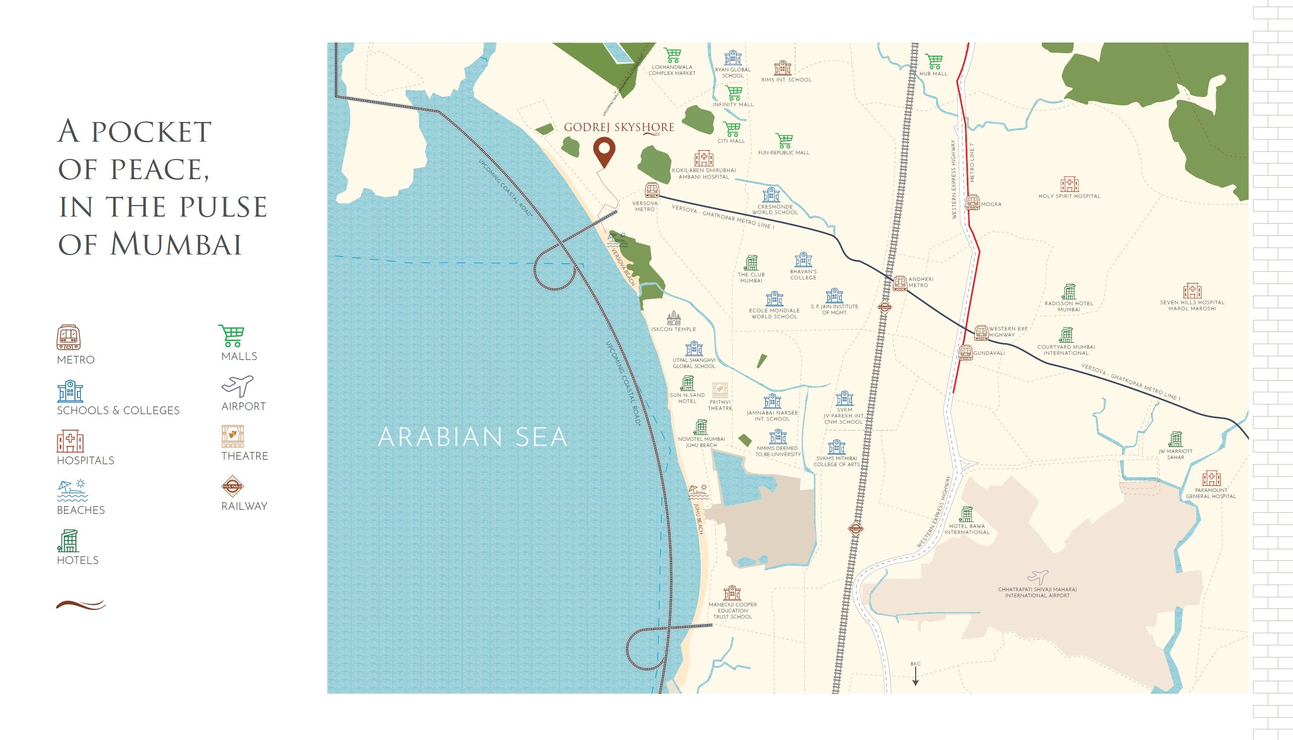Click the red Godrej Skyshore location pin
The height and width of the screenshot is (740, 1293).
click(x=604, y=150)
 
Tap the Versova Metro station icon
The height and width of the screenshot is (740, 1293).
click(x=652, y=190)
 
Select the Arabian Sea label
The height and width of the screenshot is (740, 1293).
click(x=473, y=437)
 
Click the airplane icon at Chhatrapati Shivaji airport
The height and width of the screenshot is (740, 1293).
click(x=1037, y=577)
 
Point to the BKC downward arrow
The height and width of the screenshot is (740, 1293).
click(x=915, y=676)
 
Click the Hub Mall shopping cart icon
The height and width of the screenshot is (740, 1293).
click(x=933, y=61)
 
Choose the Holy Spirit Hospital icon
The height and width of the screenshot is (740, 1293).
click(x=1069, y=184)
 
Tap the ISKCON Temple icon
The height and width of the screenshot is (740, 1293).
click(x=674, y=318)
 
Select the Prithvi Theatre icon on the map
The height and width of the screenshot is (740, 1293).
click(x=720, y=390)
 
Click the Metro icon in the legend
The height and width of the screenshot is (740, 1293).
click(x=69, y=338)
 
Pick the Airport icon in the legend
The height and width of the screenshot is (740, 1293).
click(x=237, y=386)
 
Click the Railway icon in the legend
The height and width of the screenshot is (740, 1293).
click(x=232, y=486)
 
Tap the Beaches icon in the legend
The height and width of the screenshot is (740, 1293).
click(x=72, y=490)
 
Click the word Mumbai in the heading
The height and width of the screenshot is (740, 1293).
click(x=175, y=244)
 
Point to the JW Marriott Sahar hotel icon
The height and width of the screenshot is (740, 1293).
click(x=1175, y=439)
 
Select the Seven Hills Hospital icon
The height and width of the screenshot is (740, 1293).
click(x=1192, y=291)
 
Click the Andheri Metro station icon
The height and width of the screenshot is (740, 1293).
click(x=900, y=282)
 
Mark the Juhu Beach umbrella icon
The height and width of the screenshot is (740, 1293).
click(x=698, y=491)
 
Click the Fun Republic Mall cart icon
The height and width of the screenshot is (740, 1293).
click(x=783, y=141)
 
